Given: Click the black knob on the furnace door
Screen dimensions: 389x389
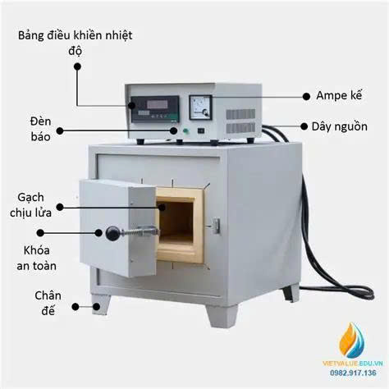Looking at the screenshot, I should click(x=109, y=234).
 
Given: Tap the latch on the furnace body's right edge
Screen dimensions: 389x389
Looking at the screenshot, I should click(x=216, y=225).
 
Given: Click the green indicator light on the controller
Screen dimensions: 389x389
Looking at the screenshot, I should click(x=185, y=130).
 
